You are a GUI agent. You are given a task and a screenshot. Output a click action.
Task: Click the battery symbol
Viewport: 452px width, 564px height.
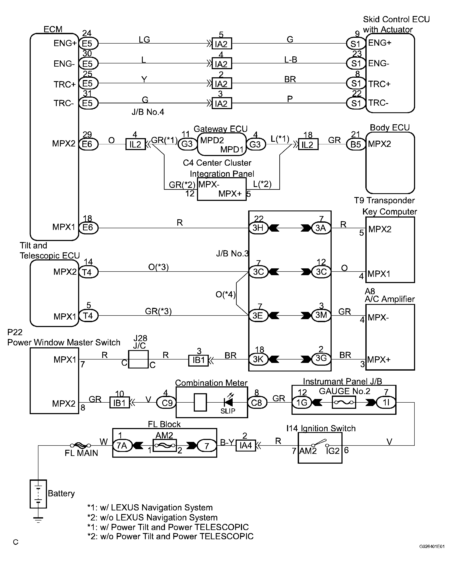pyautogui.click(x=38, y=494)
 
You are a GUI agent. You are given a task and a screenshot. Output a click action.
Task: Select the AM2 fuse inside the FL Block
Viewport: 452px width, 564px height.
pyautogui.click(x=165, y=446)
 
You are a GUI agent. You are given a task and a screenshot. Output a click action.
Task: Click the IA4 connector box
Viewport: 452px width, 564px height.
pyautogui.click(x=246, y=445)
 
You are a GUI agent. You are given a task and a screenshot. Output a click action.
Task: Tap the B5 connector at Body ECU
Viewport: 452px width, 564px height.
pyautogui.click(x=356, y=144)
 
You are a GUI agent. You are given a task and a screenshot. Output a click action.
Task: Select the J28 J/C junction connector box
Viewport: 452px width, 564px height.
pyautogui.click(x=138, y=359)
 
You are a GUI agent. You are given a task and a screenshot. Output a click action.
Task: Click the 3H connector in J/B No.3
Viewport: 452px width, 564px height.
pyautogui.click(x=258, y=228)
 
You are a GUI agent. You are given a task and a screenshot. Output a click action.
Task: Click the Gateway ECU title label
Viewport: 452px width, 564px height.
pyautogui.click(x=220, y=129)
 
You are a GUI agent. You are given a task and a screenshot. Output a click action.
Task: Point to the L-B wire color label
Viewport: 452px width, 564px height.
pyautogui.click(x=291, y=60)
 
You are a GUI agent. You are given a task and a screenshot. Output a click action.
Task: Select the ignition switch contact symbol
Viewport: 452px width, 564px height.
pyautogui.click(x=320, y=443)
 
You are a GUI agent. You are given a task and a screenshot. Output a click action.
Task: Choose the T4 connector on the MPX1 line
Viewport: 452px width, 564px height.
pyautogui.click(x=88, y=316)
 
